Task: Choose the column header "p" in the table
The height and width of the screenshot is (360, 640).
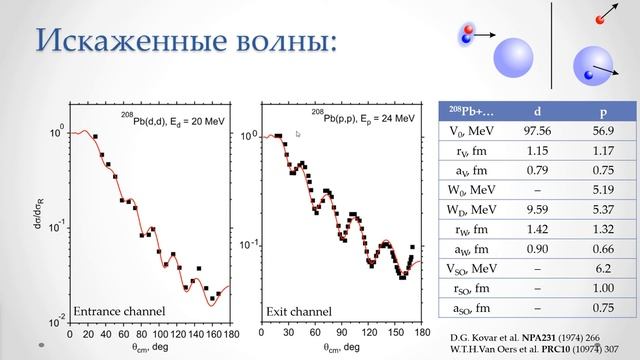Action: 594,111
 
